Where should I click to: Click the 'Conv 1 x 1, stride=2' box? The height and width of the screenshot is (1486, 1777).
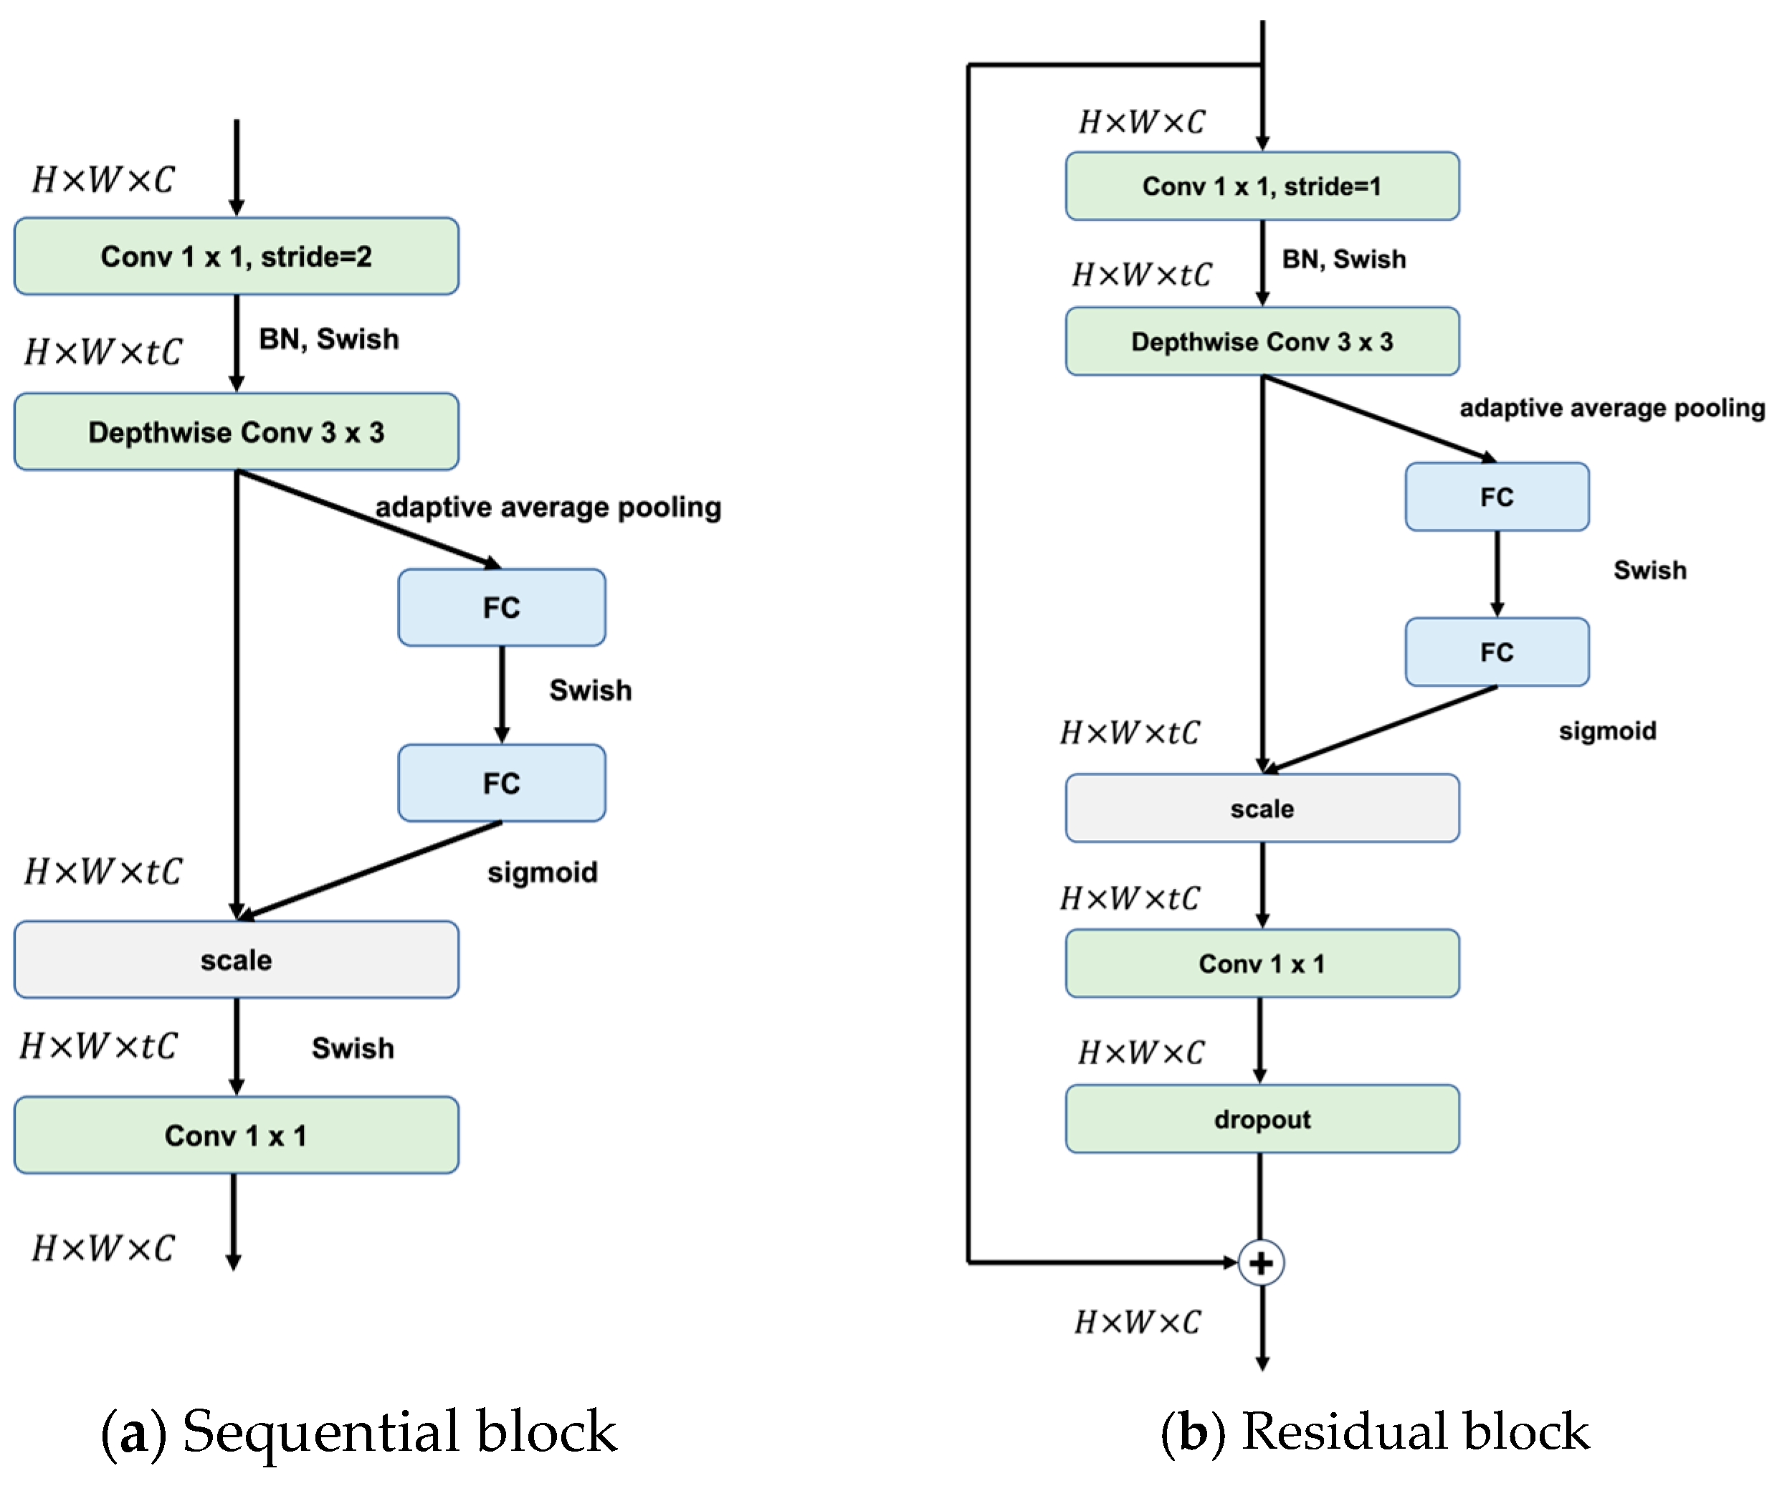[x=236, y=257]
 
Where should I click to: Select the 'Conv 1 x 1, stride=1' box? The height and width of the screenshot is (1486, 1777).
[x=1262, y=186]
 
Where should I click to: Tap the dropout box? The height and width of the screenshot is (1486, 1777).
[x=1262, y=1119]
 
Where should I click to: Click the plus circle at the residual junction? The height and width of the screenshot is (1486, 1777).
[x=1261, y=1262]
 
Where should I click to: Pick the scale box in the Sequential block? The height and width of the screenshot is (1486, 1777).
[x=236, y=960]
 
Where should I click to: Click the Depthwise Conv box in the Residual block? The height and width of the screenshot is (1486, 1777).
[x=1262, y=341]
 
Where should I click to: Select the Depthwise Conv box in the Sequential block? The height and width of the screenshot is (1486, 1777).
[x=236, y=432]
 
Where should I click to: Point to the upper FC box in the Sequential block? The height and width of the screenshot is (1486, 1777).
[x=502, y=608]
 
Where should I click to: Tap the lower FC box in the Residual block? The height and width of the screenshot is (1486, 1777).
[x=1496, y=652]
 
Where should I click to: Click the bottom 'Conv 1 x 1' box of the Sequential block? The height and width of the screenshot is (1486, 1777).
[x=236, y=1135]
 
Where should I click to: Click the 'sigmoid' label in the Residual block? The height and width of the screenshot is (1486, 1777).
[x=1607, y=730]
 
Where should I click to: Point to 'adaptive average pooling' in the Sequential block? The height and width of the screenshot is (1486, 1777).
[x=548, y=507]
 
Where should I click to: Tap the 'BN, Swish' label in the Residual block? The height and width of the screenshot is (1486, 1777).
[x=1344, y=259]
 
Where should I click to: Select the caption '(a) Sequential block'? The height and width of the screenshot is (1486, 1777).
[x=360, y=1431]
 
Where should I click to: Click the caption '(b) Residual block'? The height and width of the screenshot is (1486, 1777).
[x=1375, y=1431]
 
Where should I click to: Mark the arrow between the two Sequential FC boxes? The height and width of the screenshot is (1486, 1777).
[x=502, y=694]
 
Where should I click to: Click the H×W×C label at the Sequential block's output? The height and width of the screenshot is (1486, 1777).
[x=103, y=1248]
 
